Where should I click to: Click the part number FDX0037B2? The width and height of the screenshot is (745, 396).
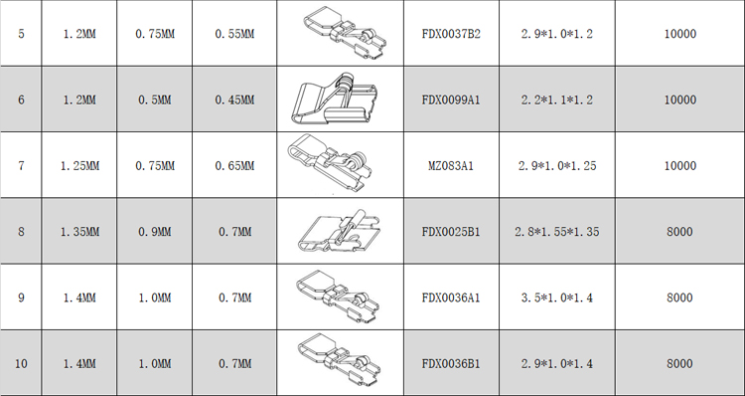[x=451, y=34]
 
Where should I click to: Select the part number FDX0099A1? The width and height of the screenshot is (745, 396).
[x=451, y=99]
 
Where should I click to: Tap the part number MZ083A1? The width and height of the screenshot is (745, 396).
[x=451, y=165]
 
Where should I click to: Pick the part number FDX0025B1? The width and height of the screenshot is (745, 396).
[x=451, y=232]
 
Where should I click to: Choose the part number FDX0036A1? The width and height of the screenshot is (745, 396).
[x=451, y=297]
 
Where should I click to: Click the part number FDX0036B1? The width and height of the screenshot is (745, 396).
[x=451, y=364]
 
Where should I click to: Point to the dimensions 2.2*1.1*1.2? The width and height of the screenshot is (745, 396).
[x=557, y=99]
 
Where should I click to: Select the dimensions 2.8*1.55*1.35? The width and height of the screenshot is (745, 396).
[x=557, y=232]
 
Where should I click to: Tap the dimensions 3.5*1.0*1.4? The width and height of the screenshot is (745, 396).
[x=557, y=297]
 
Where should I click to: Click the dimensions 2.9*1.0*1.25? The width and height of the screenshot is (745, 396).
[x=557, y=165]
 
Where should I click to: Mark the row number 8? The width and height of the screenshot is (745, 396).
[x=21, y=232]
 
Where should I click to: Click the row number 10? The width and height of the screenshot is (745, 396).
[x=21, y=364]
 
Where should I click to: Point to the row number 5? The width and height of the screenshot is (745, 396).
[x=21, y=34]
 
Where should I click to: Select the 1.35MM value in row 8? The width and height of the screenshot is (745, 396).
[x=79, y=232]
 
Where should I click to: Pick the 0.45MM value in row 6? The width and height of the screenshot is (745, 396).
[x=234, y=99]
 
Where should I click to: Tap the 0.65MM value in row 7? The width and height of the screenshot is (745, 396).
[x=234, y=165]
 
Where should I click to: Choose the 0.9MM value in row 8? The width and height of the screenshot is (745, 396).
[x=154, y=232]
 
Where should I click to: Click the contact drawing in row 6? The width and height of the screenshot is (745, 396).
[x=334, y=99]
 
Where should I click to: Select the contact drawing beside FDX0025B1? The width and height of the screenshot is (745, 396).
[x=340, y=231]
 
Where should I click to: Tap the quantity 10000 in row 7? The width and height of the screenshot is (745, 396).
[x=679, y=165]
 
